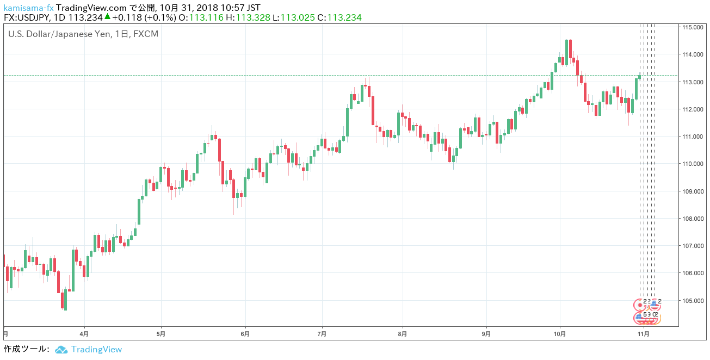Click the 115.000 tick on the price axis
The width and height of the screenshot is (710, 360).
pos(694,27)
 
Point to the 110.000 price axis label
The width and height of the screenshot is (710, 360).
pos(694,164)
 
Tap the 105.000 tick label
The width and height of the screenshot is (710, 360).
pos(694,300)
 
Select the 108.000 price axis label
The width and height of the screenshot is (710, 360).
pos(694,219)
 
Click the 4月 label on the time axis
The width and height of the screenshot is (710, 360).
pos(84,333)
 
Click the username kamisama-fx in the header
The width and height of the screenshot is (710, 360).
pos(28,8)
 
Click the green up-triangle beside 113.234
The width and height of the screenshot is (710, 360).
pos(108,17)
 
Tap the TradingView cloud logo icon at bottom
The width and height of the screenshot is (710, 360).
pos(61,350)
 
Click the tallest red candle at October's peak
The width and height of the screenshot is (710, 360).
pos(570,49)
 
